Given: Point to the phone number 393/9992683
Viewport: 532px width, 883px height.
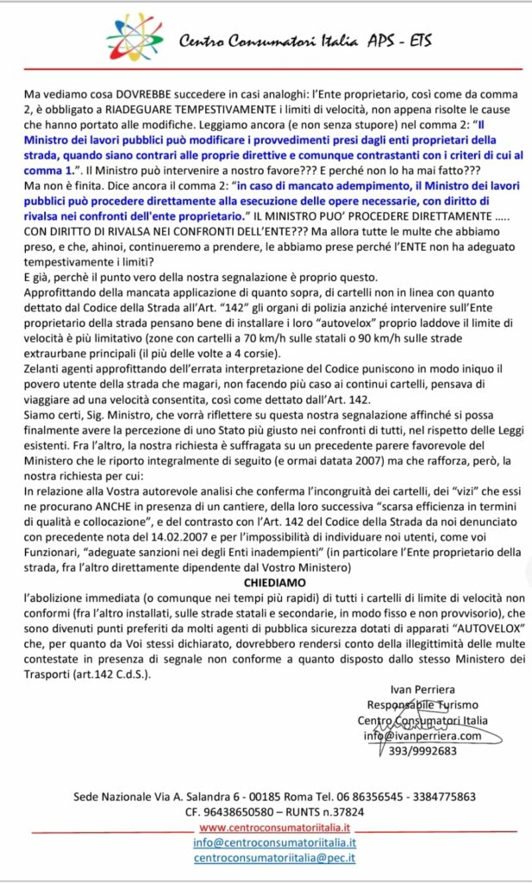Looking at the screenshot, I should pos(423,750).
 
